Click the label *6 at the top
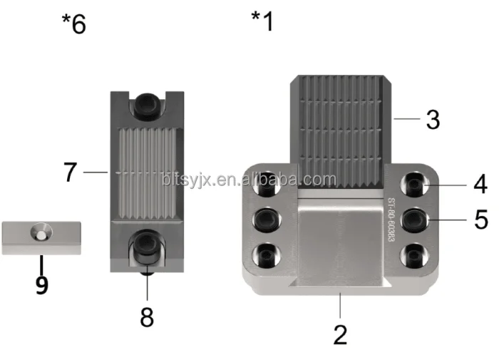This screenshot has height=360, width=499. click(73, 24)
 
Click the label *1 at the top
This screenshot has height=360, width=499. click(262, 21)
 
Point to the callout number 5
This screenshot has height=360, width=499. click(480, 220)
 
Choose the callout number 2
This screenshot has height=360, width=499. click(340, 333)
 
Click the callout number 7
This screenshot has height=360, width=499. click(70, 173)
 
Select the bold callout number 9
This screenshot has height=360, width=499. click(41, 285)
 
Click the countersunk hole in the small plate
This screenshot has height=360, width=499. click(43, 232)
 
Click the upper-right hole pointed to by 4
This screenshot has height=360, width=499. click(415, 185)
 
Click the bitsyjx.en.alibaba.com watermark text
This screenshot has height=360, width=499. click(248, 179)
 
